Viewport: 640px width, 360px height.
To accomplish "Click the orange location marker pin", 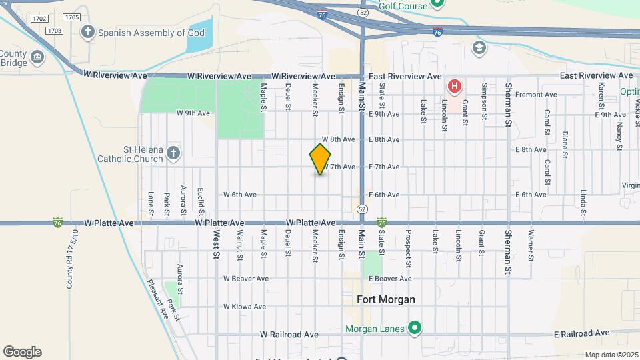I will tap(320, 159).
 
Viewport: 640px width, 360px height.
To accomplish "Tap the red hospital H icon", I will tap(455, 86).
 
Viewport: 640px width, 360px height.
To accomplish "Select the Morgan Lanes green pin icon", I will tap(415, 328).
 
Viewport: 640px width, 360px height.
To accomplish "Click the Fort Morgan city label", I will tap(386, 299).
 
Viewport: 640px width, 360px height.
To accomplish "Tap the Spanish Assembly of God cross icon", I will tap(87, 31).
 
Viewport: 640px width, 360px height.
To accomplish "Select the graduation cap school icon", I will tap(478, 47).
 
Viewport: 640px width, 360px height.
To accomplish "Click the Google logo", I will tap(22, 352).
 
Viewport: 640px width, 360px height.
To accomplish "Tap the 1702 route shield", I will tap(39, 18).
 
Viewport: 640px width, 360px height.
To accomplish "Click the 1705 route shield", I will tap(71, 17).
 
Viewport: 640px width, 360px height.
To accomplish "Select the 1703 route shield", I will tap(55, 31).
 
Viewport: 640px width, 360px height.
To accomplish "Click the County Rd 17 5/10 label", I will tap(69, 259).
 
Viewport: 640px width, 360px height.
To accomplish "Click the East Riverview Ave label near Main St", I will tap(407, 77).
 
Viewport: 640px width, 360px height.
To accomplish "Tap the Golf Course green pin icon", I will tap(437, 4).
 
